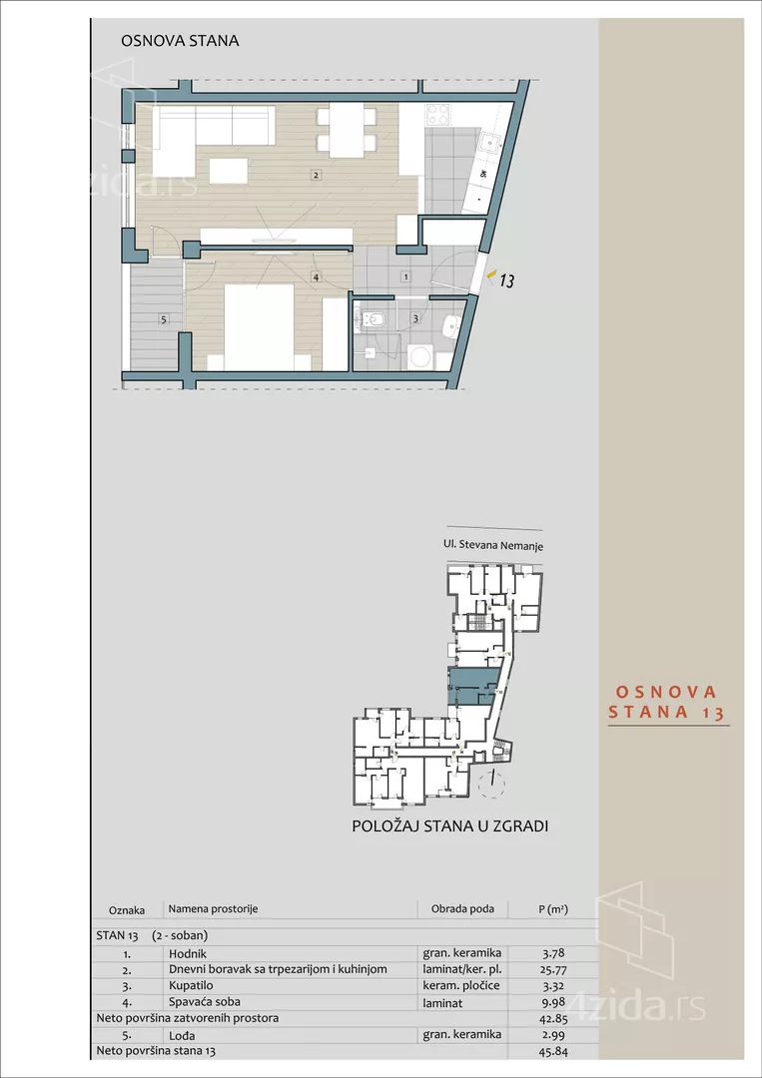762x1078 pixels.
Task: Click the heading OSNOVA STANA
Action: point(180,42)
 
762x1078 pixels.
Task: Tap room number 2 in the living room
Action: point(316,177)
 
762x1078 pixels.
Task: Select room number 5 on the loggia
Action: point(163,319)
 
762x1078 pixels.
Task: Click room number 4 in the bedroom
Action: point(316,277)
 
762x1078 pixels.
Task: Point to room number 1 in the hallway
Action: point(405,275)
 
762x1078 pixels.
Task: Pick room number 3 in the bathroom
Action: point(414,319)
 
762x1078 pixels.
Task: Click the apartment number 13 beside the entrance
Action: point(506,281)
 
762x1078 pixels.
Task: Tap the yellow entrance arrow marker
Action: point(489,273)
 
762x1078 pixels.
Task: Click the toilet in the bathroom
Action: point(374,319)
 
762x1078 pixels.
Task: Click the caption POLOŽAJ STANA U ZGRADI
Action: point(450,826)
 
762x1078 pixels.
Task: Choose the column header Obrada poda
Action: point(462,909)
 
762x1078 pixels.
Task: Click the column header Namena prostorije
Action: point(213,909)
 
